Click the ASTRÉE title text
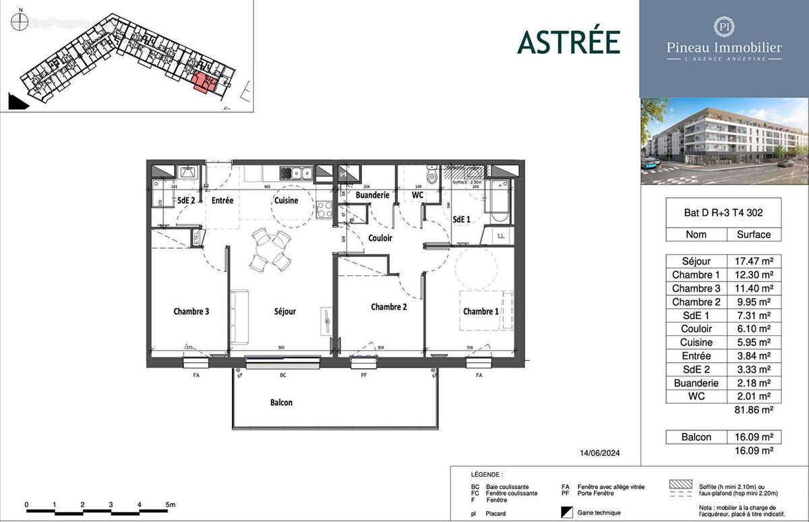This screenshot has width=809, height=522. [568, 42]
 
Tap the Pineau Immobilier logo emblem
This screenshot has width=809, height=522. [723, 27]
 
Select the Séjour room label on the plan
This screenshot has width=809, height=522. [284, 312]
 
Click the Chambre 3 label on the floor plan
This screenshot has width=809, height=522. [191, 312]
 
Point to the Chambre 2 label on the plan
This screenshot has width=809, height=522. [389, 307]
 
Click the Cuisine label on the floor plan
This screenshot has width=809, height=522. [286, 200]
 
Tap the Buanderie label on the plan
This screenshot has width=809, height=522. [373, 195]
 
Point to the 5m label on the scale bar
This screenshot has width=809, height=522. [170, 504]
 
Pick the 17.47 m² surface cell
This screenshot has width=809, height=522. [752, 260]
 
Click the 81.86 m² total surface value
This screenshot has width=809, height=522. [752, 409]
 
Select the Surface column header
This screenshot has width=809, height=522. [752, 235]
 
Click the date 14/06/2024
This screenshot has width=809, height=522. [597, 453]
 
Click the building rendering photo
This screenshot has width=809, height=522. [723, 141]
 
